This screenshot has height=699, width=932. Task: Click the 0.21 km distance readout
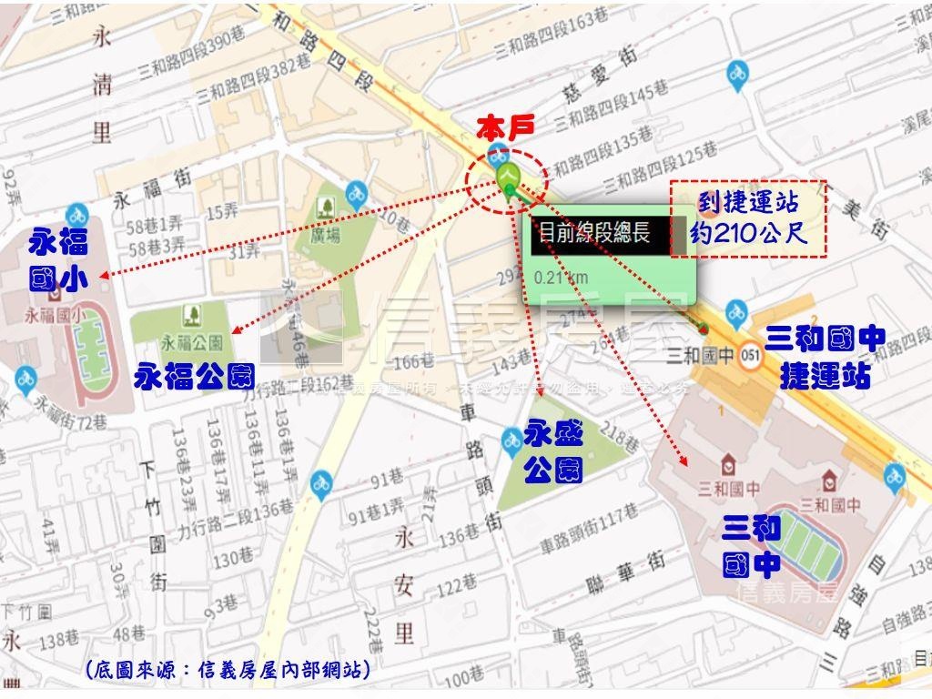coord(561,278)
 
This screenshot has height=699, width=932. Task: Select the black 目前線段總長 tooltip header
coord(594,233)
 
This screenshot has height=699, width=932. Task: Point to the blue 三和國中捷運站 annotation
coord(824,357)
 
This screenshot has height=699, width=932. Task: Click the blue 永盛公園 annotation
coord(552,452)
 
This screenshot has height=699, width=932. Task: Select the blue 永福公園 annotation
coord(195,376)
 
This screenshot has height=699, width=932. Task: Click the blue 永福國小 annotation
coord(59,261)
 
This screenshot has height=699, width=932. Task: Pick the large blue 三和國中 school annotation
coord(752,546)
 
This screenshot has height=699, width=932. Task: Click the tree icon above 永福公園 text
coord(192,316)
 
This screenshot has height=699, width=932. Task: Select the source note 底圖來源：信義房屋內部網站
coord(228,671)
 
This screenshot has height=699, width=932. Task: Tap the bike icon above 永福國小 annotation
coord(76,215)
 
